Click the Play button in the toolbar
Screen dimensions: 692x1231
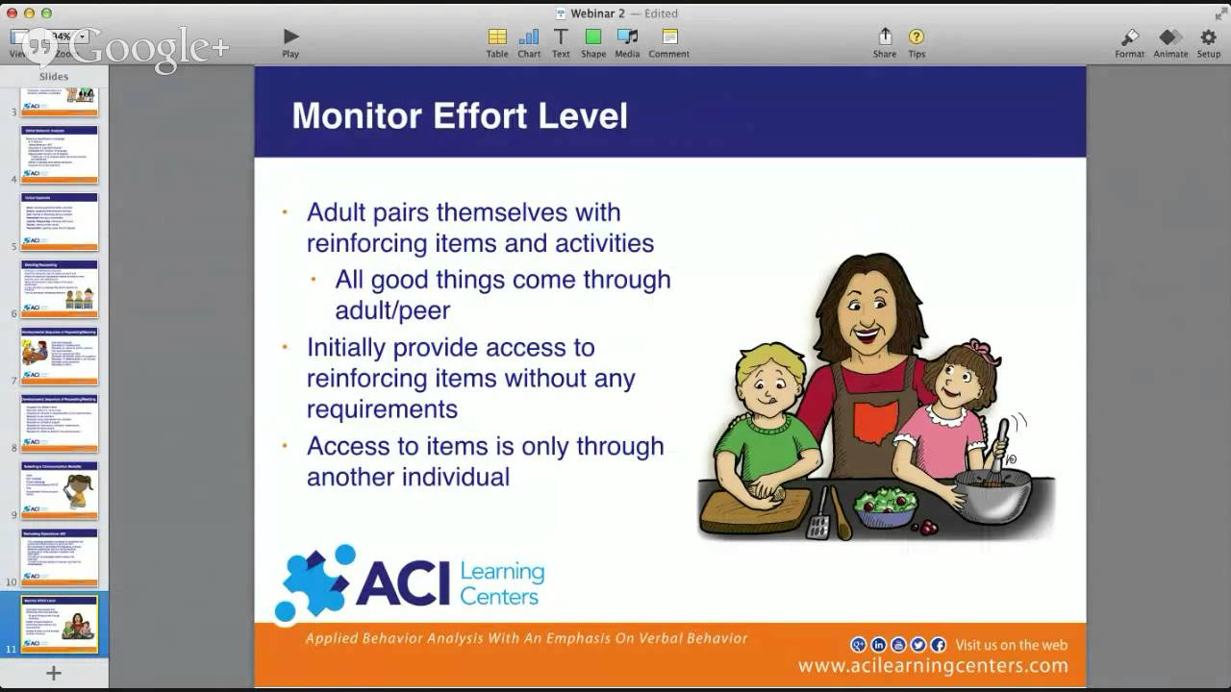pyautogui.click(x=290, y=37)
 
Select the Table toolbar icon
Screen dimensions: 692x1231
pyautogui.click(x=497, y=37)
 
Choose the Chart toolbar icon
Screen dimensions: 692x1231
pyautogui.click(x=529, y=37)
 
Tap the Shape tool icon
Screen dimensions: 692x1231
pyautogui.click(x=593, y=37)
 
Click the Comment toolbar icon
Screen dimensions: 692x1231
pyautogui.click(x=669, y=37)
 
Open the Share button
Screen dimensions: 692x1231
pyautogui.click(x=885, y=37)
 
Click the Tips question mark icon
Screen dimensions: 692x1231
pyautogui.click(x=917, y=37)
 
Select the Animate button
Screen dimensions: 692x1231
pyautogui.click(x=1170, y=37)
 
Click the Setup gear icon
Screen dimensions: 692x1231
pyautogui.click(x=1209, y=37)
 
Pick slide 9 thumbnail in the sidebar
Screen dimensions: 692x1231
pyautogui.click(x=60, y=490)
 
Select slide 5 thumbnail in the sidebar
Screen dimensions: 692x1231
pyautogui.click(x=60, y=221)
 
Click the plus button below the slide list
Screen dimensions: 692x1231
pyautogui.click(x=54, y=673)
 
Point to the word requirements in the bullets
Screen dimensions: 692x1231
pyautogui.click(x=382, y=409)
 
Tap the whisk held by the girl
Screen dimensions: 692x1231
pyautogui.click(x=996, y=452)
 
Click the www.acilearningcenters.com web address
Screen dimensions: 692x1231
pyautogui.click(x=932, y=666)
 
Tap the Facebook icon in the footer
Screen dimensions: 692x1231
pyautogui.click(x=939, y=645)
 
